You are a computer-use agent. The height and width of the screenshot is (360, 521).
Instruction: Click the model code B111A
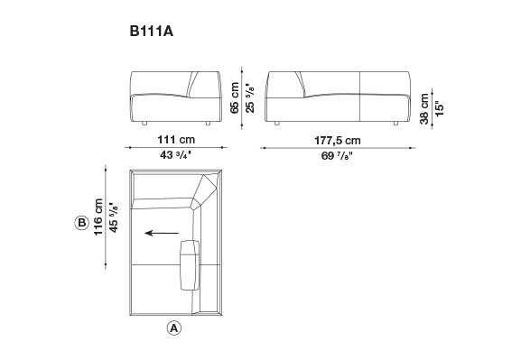(x=152, y=32)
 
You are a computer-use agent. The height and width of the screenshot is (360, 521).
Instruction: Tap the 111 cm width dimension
(x=176, y=140)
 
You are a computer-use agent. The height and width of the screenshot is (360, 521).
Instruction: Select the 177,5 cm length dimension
(x=338, y=141)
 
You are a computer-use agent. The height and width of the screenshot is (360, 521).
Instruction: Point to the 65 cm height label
(x=235, y=97)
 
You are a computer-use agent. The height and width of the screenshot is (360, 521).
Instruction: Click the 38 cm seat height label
(x=424, y=109)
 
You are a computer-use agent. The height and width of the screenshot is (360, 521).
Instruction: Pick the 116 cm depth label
(x=98, y=217)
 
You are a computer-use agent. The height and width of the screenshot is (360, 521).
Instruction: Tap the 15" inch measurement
(x=440, y=108)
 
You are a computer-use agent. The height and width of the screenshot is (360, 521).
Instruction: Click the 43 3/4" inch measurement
(x=176, y=155)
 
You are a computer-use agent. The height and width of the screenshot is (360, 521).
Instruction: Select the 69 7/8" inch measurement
(x=337, y=155)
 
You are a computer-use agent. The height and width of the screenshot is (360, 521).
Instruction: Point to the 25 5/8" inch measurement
(x=250, y=97)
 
